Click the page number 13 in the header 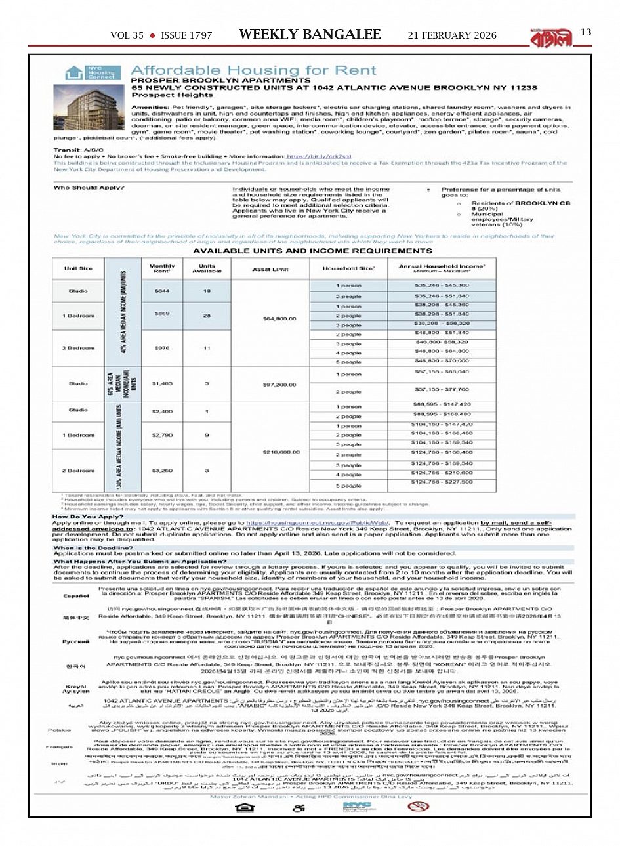(586, 32)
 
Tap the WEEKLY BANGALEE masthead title (310, 35)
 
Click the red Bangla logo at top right (550, 38)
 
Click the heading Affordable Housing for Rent (253, 70)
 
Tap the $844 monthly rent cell (162, 291)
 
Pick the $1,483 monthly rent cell (162, 383)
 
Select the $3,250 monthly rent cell (162, 471)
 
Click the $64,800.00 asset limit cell (279, 319)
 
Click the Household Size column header (348, 268)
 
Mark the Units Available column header (207, 268)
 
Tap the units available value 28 (207, 316)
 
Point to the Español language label (76, 596)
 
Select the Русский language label (76, 641)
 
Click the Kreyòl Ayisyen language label (76, 688)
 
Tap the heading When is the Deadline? (93, 548)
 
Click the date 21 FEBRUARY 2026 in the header (452, 35)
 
